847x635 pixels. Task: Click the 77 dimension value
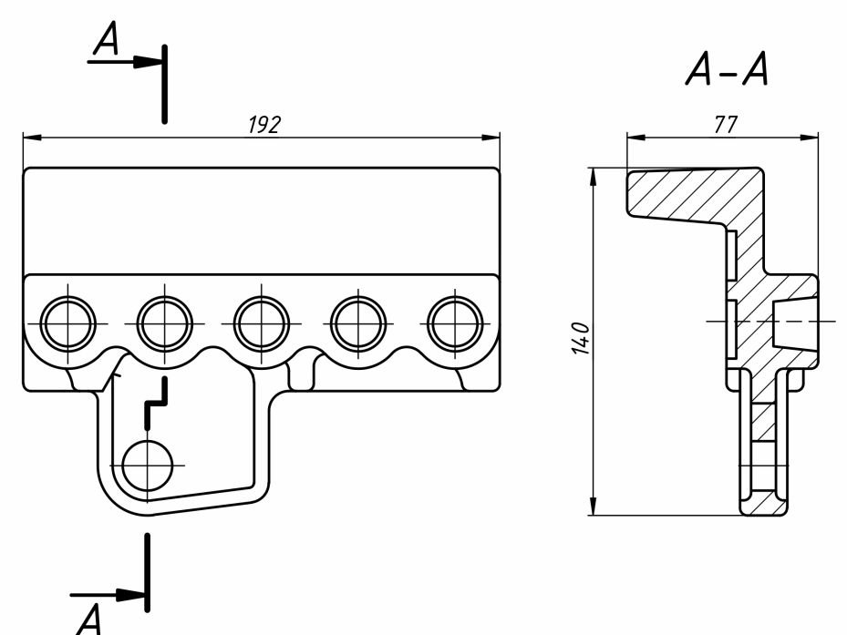coord(725,126)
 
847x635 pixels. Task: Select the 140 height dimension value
coord(584,339)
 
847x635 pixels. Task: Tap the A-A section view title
coord(726,70)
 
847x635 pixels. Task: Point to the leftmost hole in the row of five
coord(68,323)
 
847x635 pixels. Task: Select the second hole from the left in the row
coord(165,323)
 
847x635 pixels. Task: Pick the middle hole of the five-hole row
coord(262,323)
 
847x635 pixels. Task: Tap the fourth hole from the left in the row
coord(358,323)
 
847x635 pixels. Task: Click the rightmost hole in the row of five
coord(455,323)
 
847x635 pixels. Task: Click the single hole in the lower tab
coord(146,465)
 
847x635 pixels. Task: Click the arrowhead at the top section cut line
coord(149,62)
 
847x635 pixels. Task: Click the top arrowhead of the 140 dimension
coord(593,176)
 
